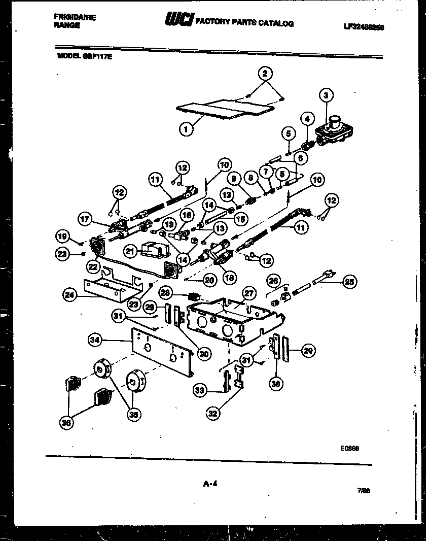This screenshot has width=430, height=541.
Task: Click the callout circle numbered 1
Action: tap(186, 129)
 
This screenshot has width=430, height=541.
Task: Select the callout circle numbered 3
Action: tap(326, 95)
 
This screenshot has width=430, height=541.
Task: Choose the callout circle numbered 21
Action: tap(130, 250)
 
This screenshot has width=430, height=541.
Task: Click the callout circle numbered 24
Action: tap(70, 295)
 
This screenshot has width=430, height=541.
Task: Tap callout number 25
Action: tap(350, 282)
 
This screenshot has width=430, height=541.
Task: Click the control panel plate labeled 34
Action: tap(162, 350)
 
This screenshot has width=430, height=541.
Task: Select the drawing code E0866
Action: tap(350, 449)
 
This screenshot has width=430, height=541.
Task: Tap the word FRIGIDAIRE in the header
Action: tap(75, 17)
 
